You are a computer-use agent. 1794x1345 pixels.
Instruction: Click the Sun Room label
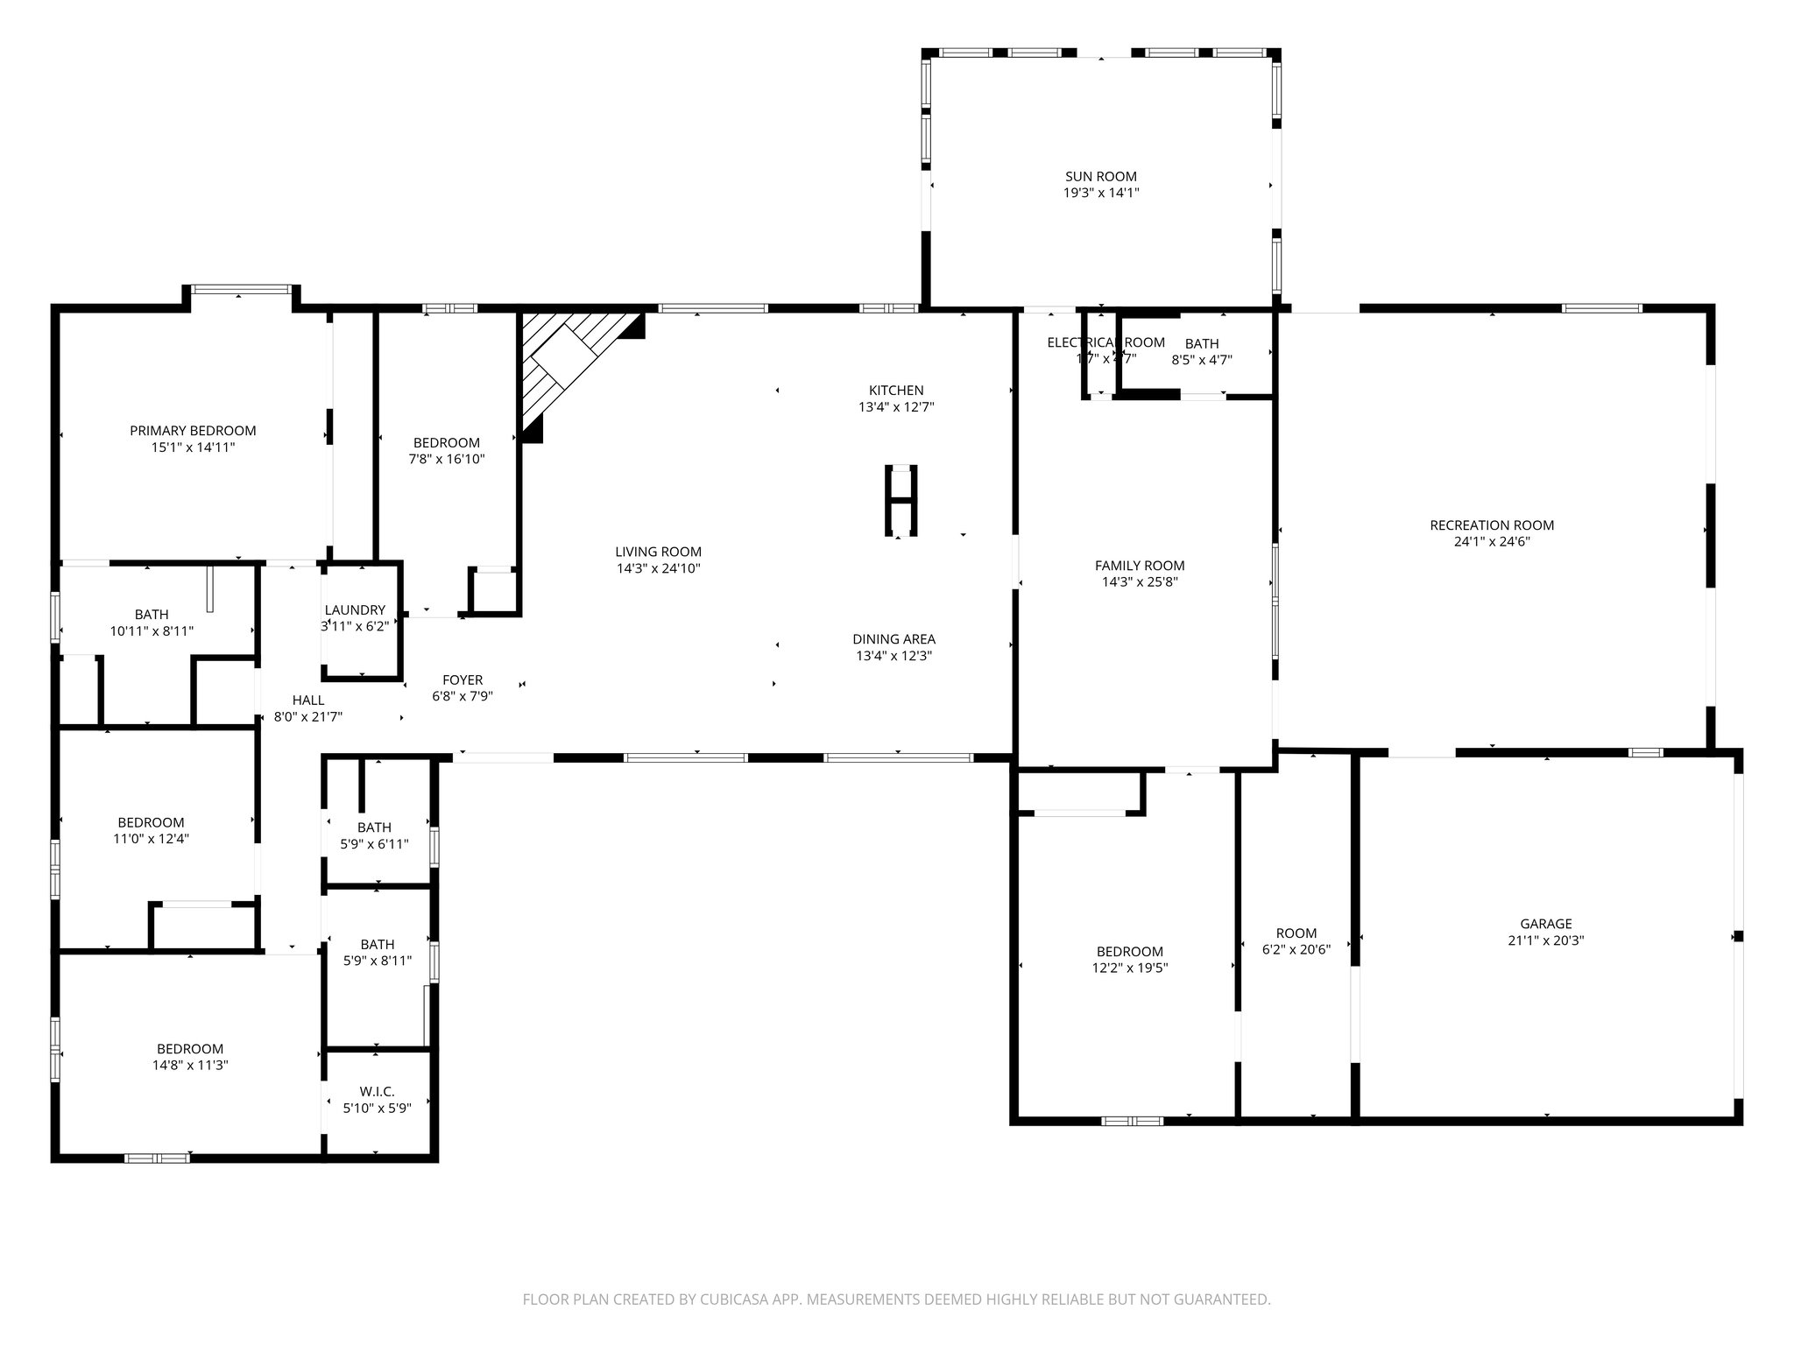tap(1100, 176)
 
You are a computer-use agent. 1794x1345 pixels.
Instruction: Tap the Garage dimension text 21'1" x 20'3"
tap(1545, 940)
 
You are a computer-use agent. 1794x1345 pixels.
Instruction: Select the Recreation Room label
tap(1491, 525)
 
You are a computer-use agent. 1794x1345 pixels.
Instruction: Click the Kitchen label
tap(895, 391)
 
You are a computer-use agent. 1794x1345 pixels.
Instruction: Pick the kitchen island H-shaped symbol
tap(900, 500)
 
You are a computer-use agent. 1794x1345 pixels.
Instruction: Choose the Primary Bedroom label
tap(193, 431)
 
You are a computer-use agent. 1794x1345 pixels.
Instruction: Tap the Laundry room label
tap(355, 610)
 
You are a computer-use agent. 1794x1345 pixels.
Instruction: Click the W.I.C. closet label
tap(377, 1091)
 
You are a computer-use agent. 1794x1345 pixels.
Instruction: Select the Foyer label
tap(463, 680)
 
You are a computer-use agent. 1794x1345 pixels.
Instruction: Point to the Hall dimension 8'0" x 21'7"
tap(307, 717)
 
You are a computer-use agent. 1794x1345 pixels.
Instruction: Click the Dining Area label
tap(893, 639)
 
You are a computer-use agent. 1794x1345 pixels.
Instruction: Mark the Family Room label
tap(1139, 566)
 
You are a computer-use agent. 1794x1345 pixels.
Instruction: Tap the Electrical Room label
tap(1105, 342)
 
